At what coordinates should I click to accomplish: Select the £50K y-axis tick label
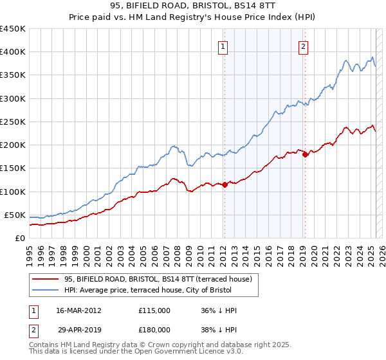pos(15,215)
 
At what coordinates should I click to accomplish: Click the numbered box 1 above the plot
pos(223,46)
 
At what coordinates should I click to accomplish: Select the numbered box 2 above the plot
pos(303,46)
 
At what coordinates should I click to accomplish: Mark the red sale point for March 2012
pos(225,184)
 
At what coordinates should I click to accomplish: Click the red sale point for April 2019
pos(305,154)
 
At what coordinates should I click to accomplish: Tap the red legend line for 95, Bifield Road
pos(44,279)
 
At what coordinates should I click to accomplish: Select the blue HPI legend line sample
pos(44,290)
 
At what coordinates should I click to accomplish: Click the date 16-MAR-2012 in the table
pos(78,310)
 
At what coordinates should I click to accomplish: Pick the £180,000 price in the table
pos(154,329)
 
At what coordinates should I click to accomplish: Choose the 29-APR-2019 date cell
pos(78,329)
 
